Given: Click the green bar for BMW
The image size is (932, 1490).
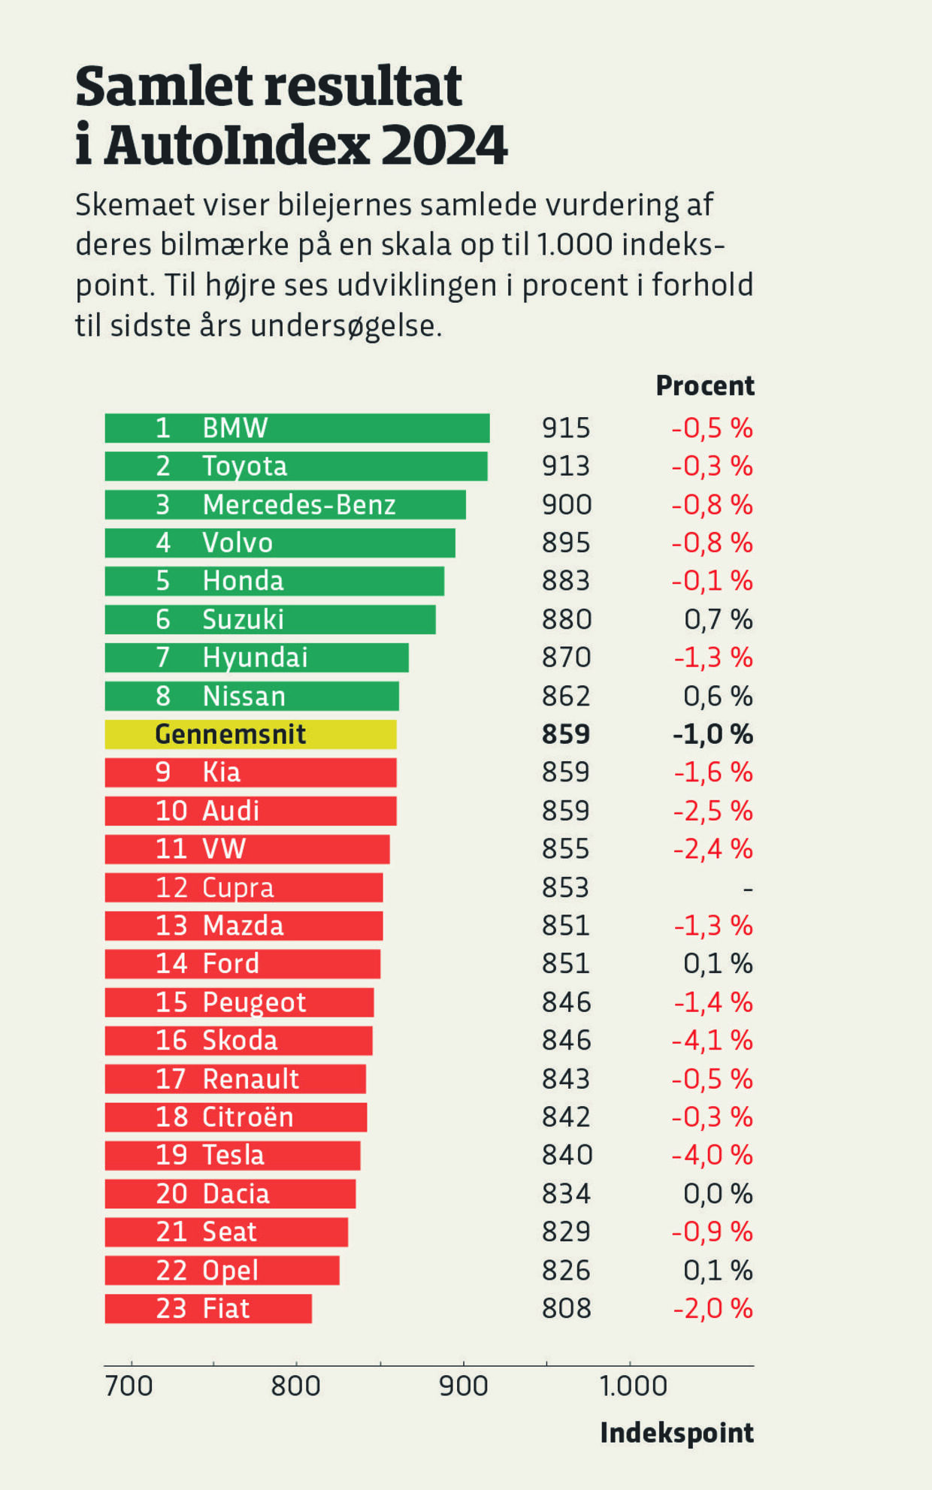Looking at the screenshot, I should pyautogui.click(x=297, y=428).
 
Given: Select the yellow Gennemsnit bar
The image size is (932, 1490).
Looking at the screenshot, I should pyautogui.click(x=250, y=734).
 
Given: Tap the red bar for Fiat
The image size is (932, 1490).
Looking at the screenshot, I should pyautogui.click(x=208, y=1308).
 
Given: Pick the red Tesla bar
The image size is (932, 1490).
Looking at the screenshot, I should pyautogui.click(x=232, y=1155).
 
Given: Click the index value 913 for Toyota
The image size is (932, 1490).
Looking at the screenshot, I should pyautogui.click(x=566, y=466).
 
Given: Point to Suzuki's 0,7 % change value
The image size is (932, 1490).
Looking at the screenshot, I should pyautogui.click(x=718, y=619).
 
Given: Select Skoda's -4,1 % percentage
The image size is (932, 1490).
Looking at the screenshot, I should pyautogui.click(x=712, y=1040).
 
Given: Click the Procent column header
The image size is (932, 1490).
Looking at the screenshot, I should pyautogui.click(x=704, y=385).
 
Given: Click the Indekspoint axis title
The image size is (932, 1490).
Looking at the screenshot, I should pyautogui.click(x=676, y=1433).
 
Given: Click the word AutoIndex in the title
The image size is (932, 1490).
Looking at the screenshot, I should pyautogui.click(x=237, y=145).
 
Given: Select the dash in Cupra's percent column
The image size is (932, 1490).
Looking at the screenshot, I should pyautogui.click(x=747, y=889).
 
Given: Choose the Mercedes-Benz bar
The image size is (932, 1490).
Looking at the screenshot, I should pyautogui.click(x=285, y=504).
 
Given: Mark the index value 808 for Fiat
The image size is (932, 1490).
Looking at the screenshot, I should pyautogui.click(x=566, y=1308).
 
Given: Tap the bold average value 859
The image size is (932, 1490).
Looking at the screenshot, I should pyautogui.click(x=566, y=734).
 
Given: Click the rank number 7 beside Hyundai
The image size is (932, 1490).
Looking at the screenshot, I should pyautogui.click(x=163, y=657).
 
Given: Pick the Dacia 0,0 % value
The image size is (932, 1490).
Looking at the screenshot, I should pyautogui.click(x=718, y=1193).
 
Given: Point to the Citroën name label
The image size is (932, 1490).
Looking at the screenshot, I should pyautogui.click(x=247, y=1117).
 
